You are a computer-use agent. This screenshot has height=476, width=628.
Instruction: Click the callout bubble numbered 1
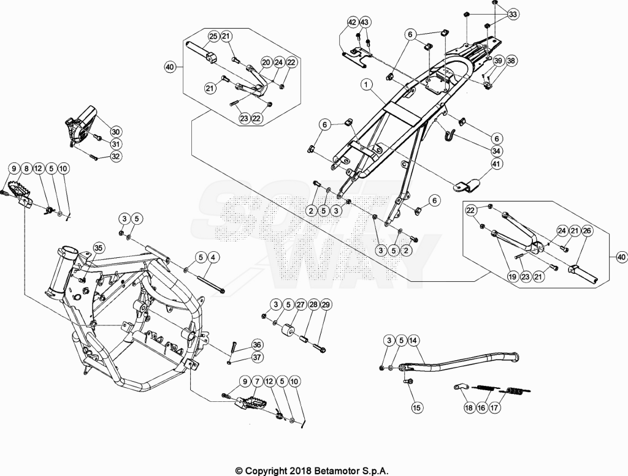pyautogui.click(x=367, y=85)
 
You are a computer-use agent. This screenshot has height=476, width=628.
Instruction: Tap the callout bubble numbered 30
pyautogui.click(x=115, y=132)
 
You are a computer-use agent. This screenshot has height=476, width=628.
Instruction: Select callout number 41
pyautogui.click(x=497, y=164)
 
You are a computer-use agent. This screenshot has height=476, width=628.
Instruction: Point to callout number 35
pyautogui.click(x=99, y=248)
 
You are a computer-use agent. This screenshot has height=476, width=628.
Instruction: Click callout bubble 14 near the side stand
pyautogui.click(x=413, y=341)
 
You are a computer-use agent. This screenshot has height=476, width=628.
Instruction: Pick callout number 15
pyautogui.click(x=417, y=407)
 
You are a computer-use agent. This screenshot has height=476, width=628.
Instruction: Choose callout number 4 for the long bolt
pyautogui.click(x=213, y=257)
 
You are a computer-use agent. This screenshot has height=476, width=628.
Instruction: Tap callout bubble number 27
pyautogui.click(x=301, y=305)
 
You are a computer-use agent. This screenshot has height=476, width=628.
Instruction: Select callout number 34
pyautogui.click(x=497, y=151)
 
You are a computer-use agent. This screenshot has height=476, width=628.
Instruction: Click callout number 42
pyautogui.click(x=352, y=23)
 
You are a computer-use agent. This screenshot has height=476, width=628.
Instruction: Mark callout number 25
pyautogui.click(x=213, y=36)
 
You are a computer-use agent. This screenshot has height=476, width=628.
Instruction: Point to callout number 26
pyautogui.click(x=588, y=231)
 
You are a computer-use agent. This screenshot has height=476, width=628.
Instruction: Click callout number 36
pyautogui.click(x=257, y=345)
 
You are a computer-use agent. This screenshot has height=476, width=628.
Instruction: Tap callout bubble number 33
pyautogui.click(x=513, y=15)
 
